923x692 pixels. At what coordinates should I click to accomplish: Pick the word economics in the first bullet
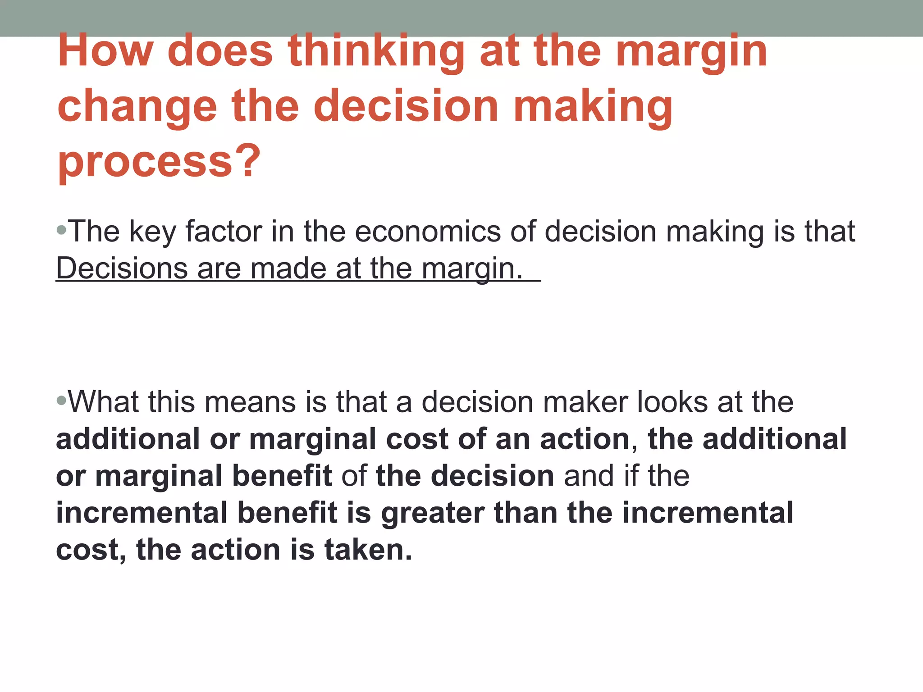[x=428, y=232]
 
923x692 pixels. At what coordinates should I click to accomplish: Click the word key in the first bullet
[x=152, y=232]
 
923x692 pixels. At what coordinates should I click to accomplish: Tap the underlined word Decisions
[x=121, y=269]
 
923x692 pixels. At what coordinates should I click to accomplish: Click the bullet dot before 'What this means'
[x=62, y=400]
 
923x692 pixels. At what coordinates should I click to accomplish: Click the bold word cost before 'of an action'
[x=417, y=439]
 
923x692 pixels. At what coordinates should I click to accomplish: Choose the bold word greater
[x=432, y=514]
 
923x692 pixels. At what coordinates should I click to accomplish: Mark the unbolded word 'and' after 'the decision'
[x=589, y=476]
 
